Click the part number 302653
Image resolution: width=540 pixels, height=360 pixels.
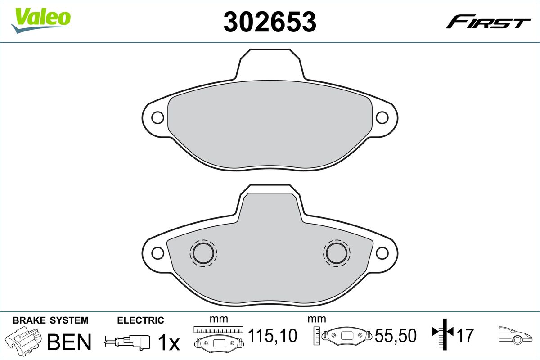270,22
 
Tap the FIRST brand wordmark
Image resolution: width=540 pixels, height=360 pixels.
488,22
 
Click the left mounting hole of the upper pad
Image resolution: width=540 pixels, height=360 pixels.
157,117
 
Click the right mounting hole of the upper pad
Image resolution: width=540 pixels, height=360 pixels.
382,117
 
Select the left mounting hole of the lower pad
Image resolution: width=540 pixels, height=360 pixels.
157,253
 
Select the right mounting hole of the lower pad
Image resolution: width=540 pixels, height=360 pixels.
382,253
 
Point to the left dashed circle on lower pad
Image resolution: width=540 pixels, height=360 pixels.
203,252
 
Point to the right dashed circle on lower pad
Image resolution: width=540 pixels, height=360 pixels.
336,252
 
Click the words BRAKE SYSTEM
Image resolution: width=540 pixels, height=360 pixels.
50,320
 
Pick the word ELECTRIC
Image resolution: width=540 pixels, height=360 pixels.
140,320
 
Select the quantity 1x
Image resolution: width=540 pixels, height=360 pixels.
168,343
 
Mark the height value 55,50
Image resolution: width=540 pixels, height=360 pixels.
396,336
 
